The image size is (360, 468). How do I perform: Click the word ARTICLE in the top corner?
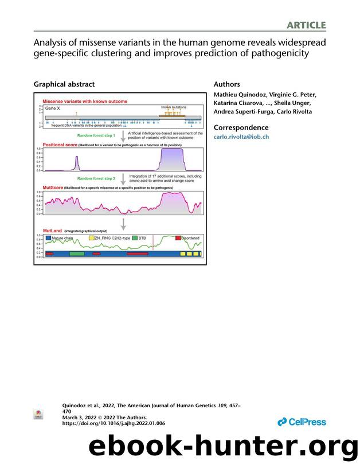(x=307, y=25)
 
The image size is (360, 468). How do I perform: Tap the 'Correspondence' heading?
(x=241, y=127)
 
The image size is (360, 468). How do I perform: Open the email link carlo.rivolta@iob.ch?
(x=241, y=137)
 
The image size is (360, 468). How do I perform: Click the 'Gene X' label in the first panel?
(x=53, y=108)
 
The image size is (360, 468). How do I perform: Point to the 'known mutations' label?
(x=171, y=107)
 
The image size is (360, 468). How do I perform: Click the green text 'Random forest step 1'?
(x=96, y=135)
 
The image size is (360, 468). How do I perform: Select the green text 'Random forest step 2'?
(x=96, y=178)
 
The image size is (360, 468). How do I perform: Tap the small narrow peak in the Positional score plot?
(x=77, y=163)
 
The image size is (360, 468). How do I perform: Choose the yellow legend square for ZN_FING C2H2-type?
(x=91, y=237)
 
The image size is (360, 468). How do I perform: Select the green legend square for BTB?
(x=134, y=237)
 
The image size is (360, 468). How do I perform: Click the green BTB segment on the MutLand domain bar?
(x=76, y=253)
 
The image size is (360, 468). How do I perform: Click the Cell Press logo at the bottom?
(x=302, y=422)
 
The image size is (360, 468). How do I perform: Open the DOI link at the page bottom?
(x=113, y=423)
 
